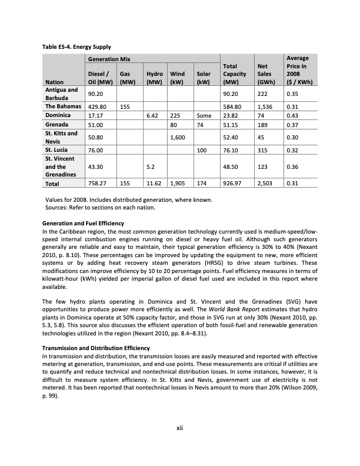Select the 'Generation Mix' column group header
click(109, 59)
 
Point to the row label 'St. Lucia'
click(57, 149)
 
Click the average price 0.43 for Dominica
click(291, 116)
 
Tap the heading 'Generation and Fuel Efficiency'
click(83, 224)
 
